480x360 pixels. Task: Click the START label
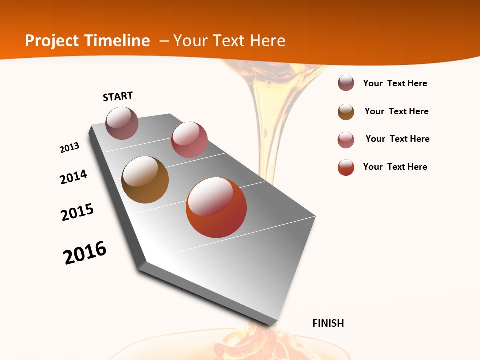(x=118, y=96)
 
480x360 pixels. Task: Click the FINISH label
(x=328, y=323)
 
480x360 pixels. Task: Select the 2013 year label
(x=70, y=148)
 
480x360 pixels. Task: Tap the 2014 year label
(x=74, y=177)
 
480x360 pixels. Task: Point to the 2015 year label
(x=77, y=212)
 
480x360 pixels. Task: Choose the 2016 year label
(x=85, y=253)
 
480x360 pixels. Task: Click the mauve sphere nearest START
(x=122, y=123)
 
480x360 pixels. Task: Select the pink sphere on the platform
(x=189, y=140)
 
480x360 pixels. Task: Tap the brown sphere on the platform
(x=145, y=180)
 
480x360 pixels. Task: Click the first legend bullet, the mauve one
(x=346, y=83)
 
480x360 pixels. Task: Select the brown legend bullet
(x=346, y=112)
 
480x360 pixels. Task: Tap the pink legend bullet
(x=346, y=140)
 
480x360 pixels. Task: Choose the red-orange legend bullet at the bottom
(x=346, y=167)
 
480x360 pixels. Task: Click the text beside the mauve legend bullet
(x=395, y=83)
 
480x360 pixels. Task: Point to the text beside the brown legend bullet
(x=396, y=111)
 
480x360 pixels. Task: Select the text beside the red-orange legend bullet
(x=395, y=167)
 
